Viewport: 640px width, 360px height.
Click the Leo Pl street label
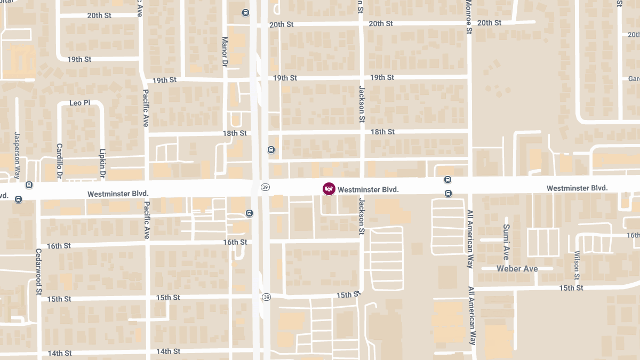[x=79, y=102]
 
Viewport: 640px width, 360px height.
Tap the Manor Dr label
[x=225, y=51]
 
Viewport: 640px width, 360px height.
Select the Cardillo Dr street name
[x=60, y=160]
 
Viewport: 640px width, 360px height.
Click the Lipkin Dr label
[x=102, y=164]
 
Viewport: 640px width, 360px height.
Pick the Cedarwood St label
[x=39, y=271]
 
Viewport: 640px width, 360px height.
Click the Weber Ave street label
[x=517, y=269]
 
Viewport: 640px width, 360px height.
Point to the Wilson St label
[x=577, y=266]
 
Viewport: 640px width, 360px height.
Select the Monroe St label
[x=469, y=17]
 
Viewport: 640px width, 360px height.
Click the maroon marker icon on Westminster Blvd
[x=329, y=189]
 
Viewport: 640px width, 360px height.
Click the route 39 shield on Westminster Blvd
[x=265, y=187]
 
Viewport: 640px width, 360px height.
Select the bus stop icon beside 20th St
[x=245, y=13]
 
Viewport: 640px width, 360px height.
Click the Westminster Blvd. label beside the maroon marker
[x=368, y=189]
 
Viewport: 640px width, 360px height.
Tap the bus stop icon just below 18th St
[x=271, y=150]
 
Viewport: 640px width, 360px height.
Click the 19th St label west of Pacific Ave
[x=79, y=59]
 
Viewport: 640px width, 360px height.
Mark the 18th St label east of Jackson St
[x=382, y=132]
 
